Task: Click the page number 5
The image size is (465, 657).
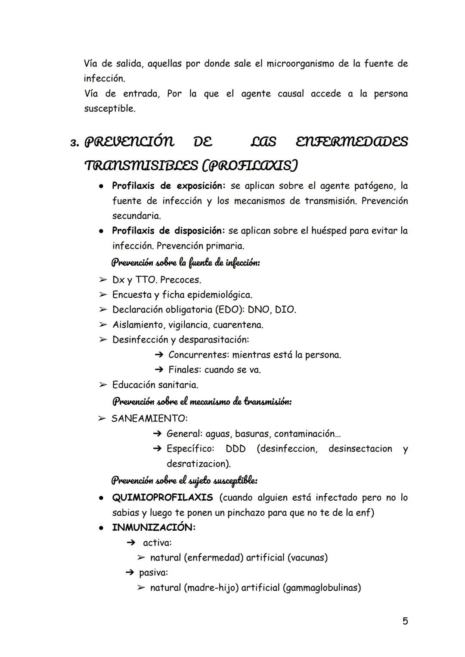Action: [405, 621]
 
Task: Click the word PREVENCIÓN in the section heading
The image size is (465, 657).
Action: [129, 142]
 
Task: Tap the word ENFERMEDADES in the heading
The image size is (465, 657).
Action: [352, 142]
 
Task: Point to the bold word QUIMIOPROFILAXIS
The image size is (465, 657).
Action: [162, 498]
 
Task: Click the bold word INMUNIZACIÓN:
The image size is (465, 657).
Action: [154, 527]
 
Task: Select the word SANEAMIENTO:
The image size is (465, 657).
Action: [149, 418]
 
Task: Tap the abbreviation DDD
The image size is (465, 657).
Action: [236, 448]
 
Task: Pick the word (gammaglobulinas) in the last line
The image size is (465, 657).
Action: [322, 587]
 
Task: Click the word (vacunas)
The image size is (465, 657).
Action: [307, 557]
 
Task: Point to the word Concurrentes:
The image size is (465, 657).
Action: [198, 355]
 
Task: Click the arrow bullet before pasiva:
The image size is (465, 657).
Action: [129, 573]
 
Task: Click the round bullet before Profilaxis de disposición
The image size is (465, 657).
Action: [100, 231]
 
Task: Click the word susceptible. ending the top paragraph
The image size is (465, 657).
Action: [109, 109]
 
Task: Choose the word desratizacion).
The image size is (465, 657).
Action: [198, 464]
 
